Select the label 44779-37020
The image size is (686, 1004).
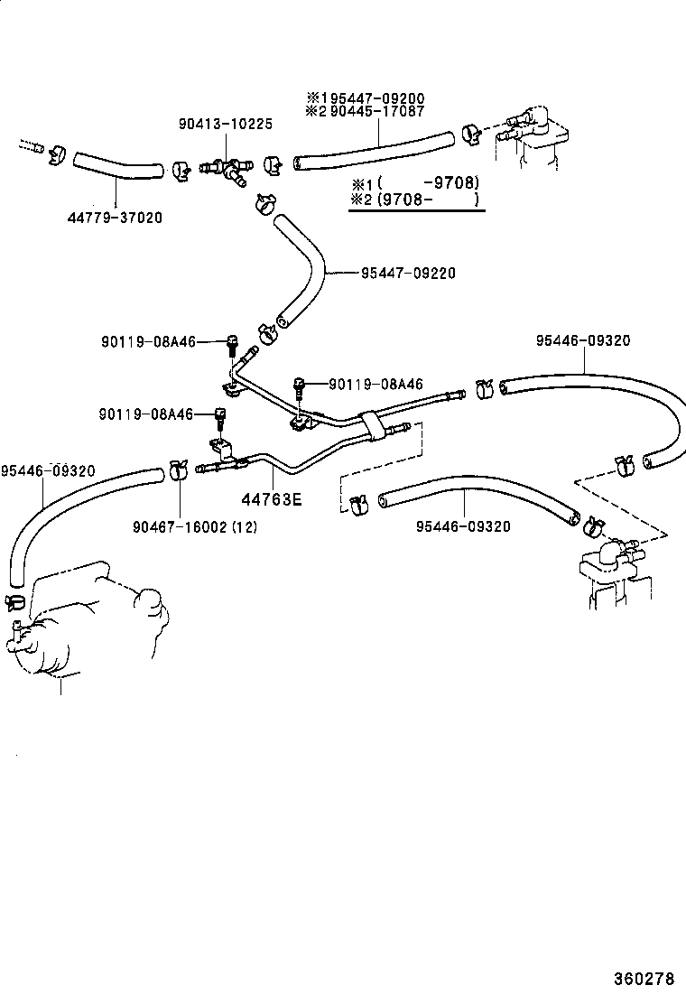tap(115, 218)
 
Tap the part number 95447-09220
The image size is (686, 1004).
tap(408, 273)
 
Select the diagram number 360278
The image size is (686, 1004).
tap(644, 978)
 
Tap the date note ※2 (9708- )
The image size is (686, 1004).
tap(415, 200)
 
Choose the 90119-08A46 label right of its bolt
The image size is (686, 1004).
tap(375, 385)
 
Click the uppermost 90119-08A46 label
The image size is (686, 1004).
tap(147, 341)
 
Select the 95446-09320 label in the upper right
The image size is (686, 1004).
tap(582, 340)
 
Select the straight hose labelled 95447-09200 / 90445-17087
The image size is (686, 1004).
tap(374, 150)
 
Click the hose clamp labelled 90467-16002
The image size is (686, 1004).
tap(177, 469)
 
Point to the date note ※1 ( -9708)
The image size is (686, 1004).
tap(415, 181)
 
